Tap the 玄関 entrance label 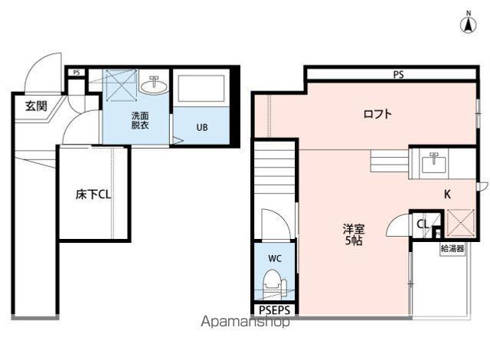30,106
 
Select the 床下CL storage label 93,195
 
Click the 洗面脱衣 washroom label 139,120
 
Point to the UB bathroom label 200,127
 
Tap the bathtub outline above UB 200,90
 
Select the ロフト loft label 377,115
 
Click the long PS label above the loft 398,75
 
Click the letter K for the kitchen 448,195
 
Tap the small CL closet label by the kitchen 422,224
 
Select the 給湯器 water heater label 452,249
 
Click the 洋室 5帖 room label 353,234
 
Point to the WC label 274,258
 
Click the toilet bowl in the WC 273,289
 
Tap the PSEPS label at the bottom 274,310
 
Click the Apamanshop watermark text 245,322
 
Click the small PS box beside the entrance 76,73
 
